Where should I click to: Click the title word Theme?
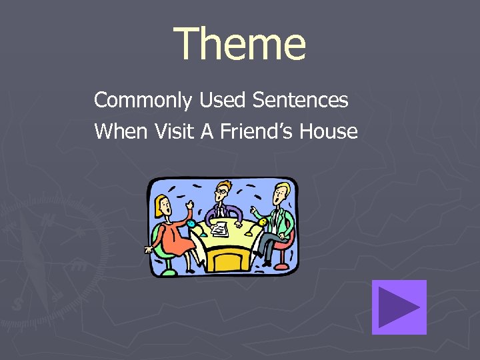pyautogui.click(x=240, y=44)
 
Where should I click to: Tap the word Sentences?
pyautogui.click(x=301, y=101)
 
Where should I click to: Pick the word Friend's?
pyautogui.click(x=255, y=131)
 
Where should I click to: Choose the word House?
pyautogui.click(x=329, y=131)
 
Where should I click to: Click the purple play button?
pyautogui.click(x=399, y=307)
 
